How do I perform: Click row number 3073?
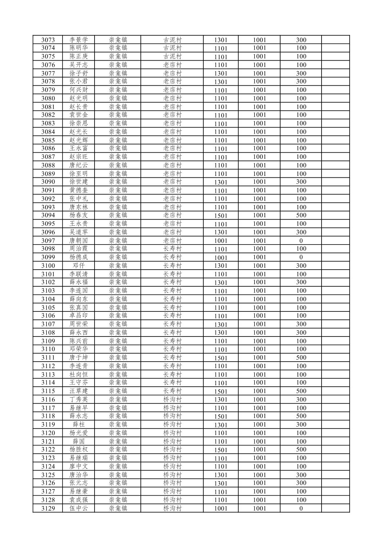click(x=48, y=40)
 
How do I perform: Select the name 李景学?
click(x=79, y=40)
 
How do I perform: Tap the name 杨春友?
click(x=79, y=215)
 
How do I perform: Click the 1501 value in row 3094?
click(x=220, y=215)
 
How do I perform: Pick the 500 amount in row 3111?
click(x=301, y=358)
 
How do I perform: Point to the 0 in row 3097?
click(x=301, y=241)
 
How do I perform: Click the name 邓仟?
click(x=79, y=266)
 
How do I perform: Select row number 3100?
click(x=48, y=266)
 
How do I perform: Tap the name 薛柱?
click(x=79, y=424)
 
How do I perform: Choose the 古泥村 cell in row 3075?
click(x=172, y=56)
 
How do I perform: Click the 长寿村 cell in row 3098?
click(x=172, y=249)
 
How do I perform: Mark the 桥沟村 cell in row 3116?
click(x=172, y=399)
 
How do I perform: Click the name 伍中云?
click(x=79, y=508)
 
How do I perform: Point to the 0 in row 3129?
click(x=301, y=508)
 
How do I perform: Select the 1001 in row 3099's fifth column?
click(x=220, y=257)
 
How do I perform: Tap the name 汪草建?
click(x=79, y=391)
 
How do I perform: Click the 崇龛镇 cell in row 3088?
click(x=118, y=165)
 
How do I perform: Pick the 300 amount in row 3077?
click(x=301, y=73)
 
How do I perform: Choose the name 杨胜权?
click(x=79, y=450)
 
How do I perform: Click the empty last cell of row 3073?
click(x=335, y=40)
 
